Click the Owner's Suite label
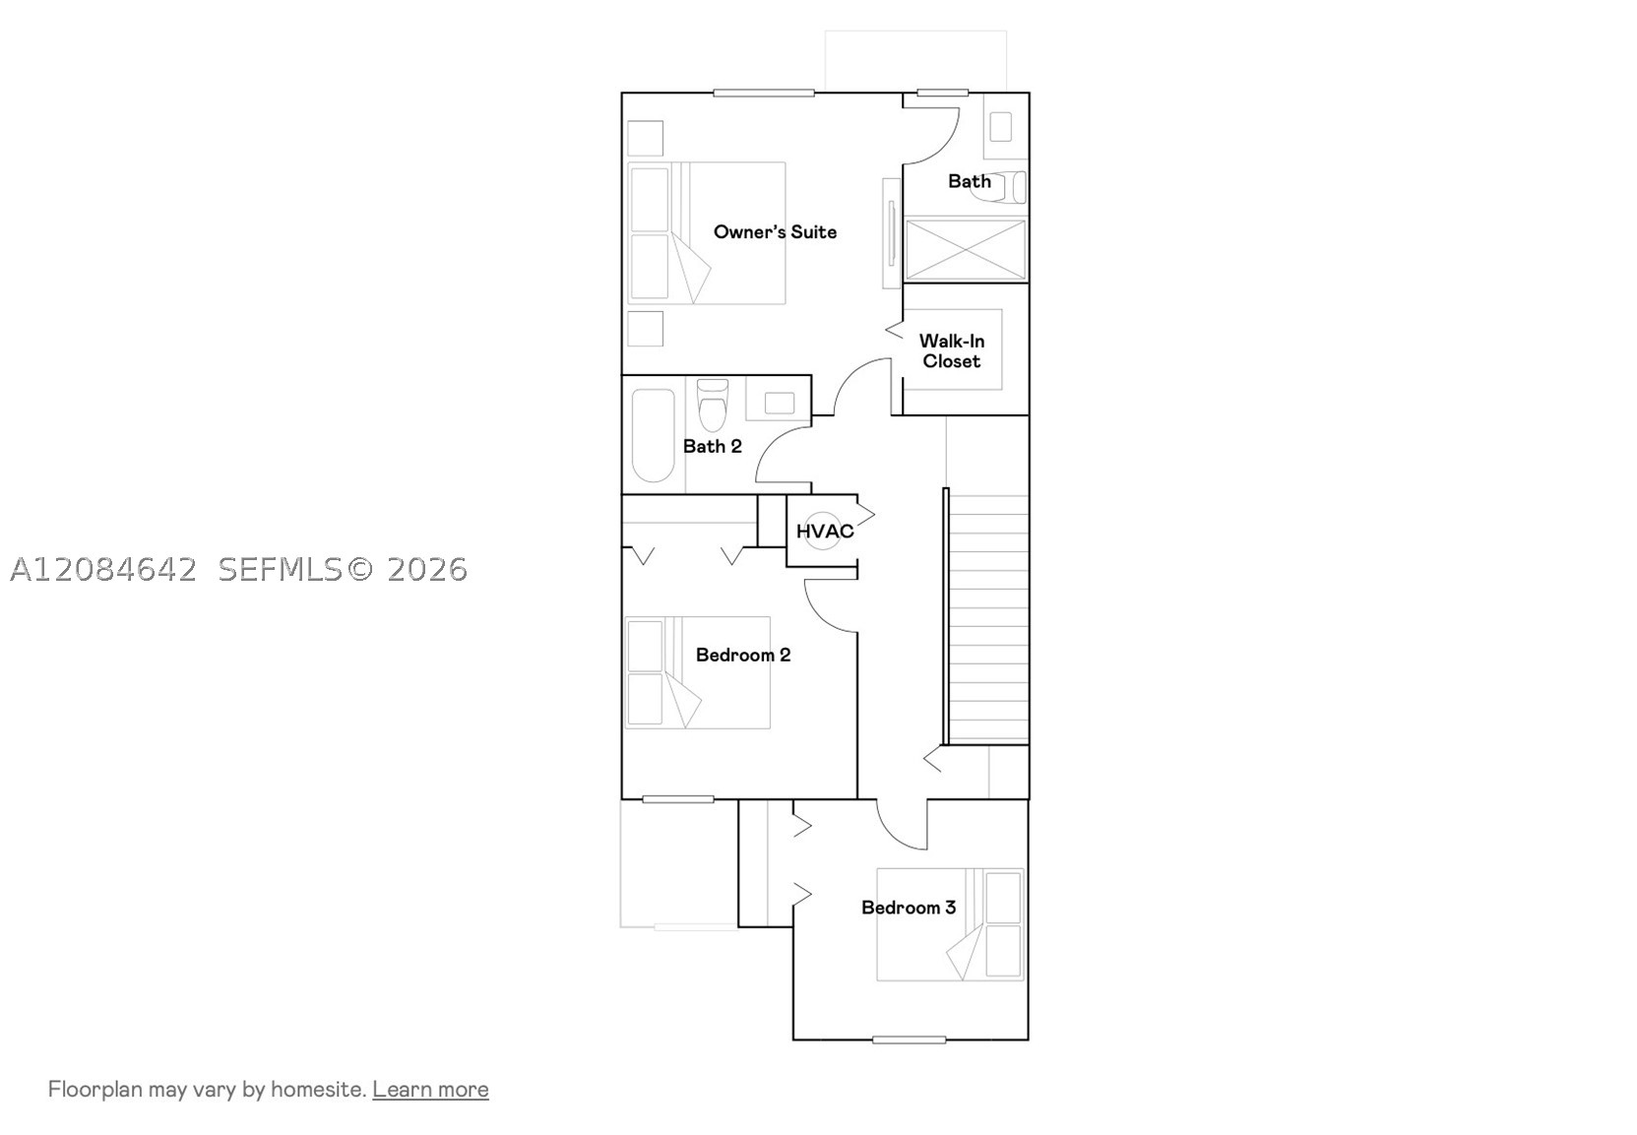tap(775, 231)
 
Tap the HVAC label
tap(825, 532)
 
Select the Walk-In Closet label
tap(952, 350)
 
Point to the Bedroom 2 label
tap(743, 655)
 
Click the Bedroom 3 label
tap(909, 907)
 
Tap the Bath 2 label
tap(713, 446)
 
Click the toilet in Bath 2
tap(713, 405)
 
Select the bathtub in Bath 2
tap(654, 435)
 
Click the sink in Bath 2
tap(779, 403)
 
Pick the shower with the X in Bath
tap(966, 250)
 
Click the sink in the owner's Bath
tap(1000, 127)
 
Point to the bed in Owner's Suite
tap(707, 233)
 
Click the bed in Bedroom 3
tap(950, 924)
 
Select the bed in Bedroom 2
tap(697, 672)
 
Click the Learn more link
tap(430, 1089)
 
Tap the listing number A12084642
tap(103, 569)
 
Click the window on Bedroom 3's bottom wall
tap(910, 1040)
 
